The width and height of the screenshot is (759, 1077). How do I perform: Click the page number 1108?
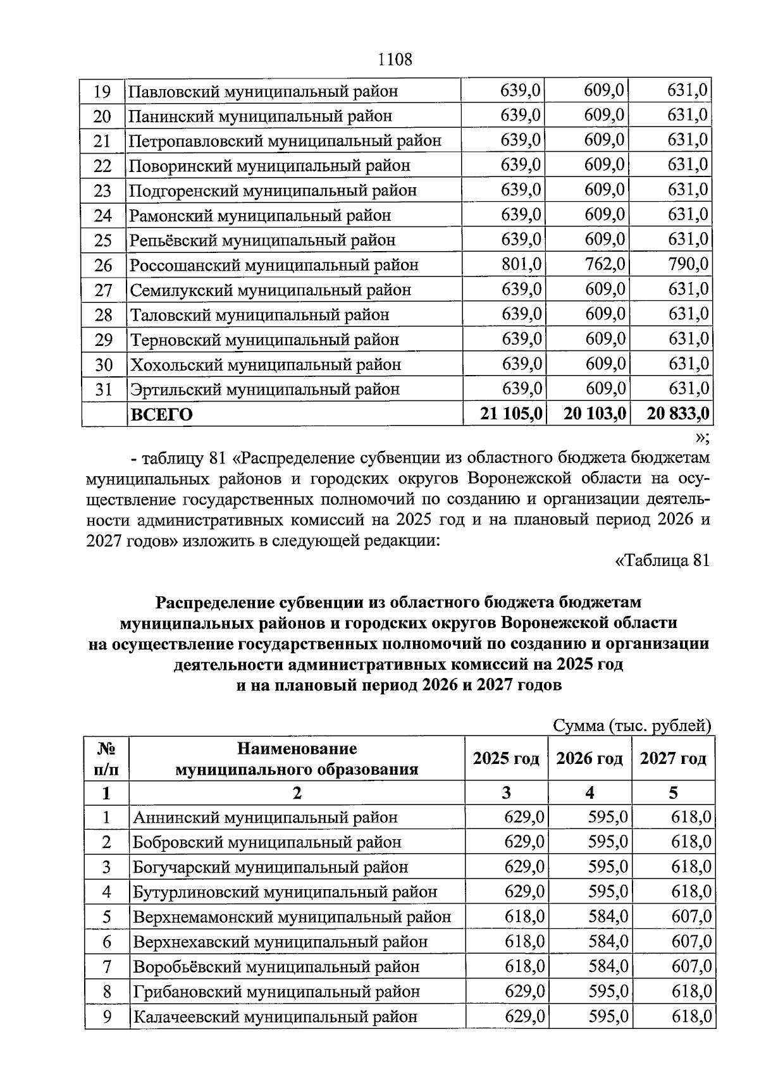tap(395, 60)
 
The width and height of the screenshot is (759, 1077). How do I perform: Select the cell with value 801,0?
tap(521, 264)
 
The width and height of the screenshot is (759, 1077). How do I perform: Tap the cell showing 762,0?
tap(605, 264)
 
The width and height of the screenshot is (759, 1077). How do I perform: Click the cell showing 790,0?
tap(688, 264)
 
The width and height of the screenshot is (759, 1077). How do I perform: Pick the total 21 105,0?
tap(511, 414)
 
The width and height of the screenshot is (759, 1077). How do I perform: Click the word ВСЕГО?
tap(161, 415)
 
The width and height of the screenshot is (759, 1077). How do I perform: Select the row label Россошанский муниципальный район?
tap(274, 265)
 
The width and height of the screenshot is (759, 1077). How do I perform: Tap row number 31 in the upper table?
tap(103, 390)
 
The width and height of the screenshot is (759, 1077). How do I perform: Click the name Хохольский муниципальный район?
tap(265, 365)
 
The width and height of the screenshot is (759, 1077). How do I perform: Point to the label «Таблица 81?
tap(662, 560)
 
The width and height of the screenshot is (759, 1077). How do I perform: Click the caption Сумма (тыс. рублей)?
tap(632, 726)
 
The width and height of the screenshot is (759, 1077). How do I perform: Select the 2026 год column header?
tap(589, 758)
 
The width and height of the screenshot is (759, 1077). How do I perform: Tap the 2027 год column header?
tap(673, 758)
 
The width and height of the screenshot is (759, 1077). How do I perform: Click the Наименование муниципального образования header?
tap(297, 759)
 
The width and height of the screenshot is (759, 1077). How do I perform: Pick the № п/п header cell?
tap(106, 759)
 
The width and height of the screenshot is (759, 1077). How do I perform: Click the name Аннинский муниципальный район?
tap(265, 818)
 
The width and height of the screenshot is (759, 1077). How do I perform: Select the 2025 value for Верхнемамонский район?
tap(524, 917)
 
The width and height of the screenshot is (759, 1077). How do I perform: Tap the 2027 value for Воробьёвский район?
tap(691, 967)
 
